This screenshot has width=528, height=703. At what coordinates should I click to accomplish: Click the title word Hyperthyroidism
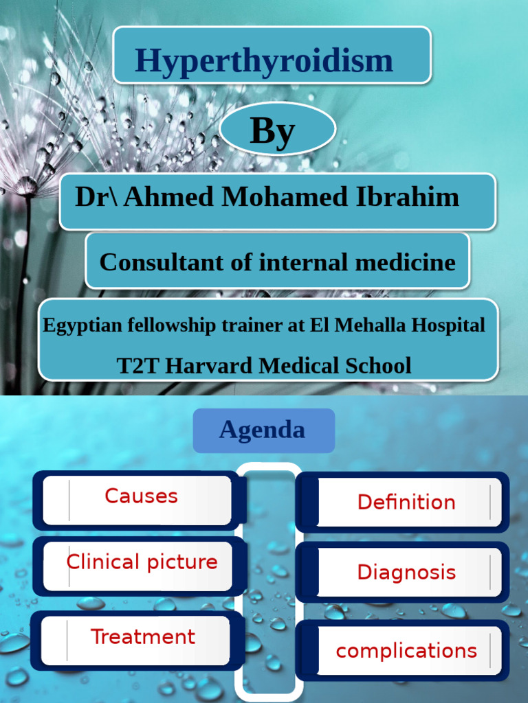pyautogui.click(x=264, y=60)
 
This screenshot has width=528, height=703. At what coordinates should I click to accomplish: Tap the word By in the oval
pyautogui.click(x=272, y=130)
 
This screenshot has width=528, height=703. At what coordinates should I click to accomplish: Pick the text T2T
pyautogui.click(x=138, y=365)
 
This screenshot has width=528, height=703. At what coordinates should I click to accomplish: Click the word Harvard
pyautogui.click(x=210, y=365)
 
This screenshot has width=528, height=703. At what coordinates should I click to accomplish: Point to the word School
pyautogui.click(x=378, y=365)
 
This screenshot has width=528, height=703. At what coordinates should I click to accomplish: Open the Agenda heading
pyautogui.click(x=262, y=430)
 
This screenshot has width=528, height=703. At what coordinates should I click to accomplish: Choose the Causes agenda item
pyautogui.click(x=141, y=496)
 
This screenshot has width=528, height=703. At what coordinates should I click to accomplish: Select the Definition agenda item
pyautogui.click(x=406, y=502)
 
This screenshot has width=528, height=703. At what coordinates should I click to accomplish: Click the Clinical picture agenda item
pyautogui.click(x=142, y=562)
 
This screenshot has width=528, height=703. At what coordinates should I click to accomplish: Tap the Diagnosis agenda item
pyautogui.click(x=406, y=572)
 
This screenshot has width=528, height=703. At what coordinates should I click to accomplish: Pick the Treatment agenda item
pyautogui.click(x=143, y=636)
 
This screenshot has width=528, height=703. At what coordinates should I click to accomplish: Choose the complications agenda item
pyautogui.click(x=406, y=651)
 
